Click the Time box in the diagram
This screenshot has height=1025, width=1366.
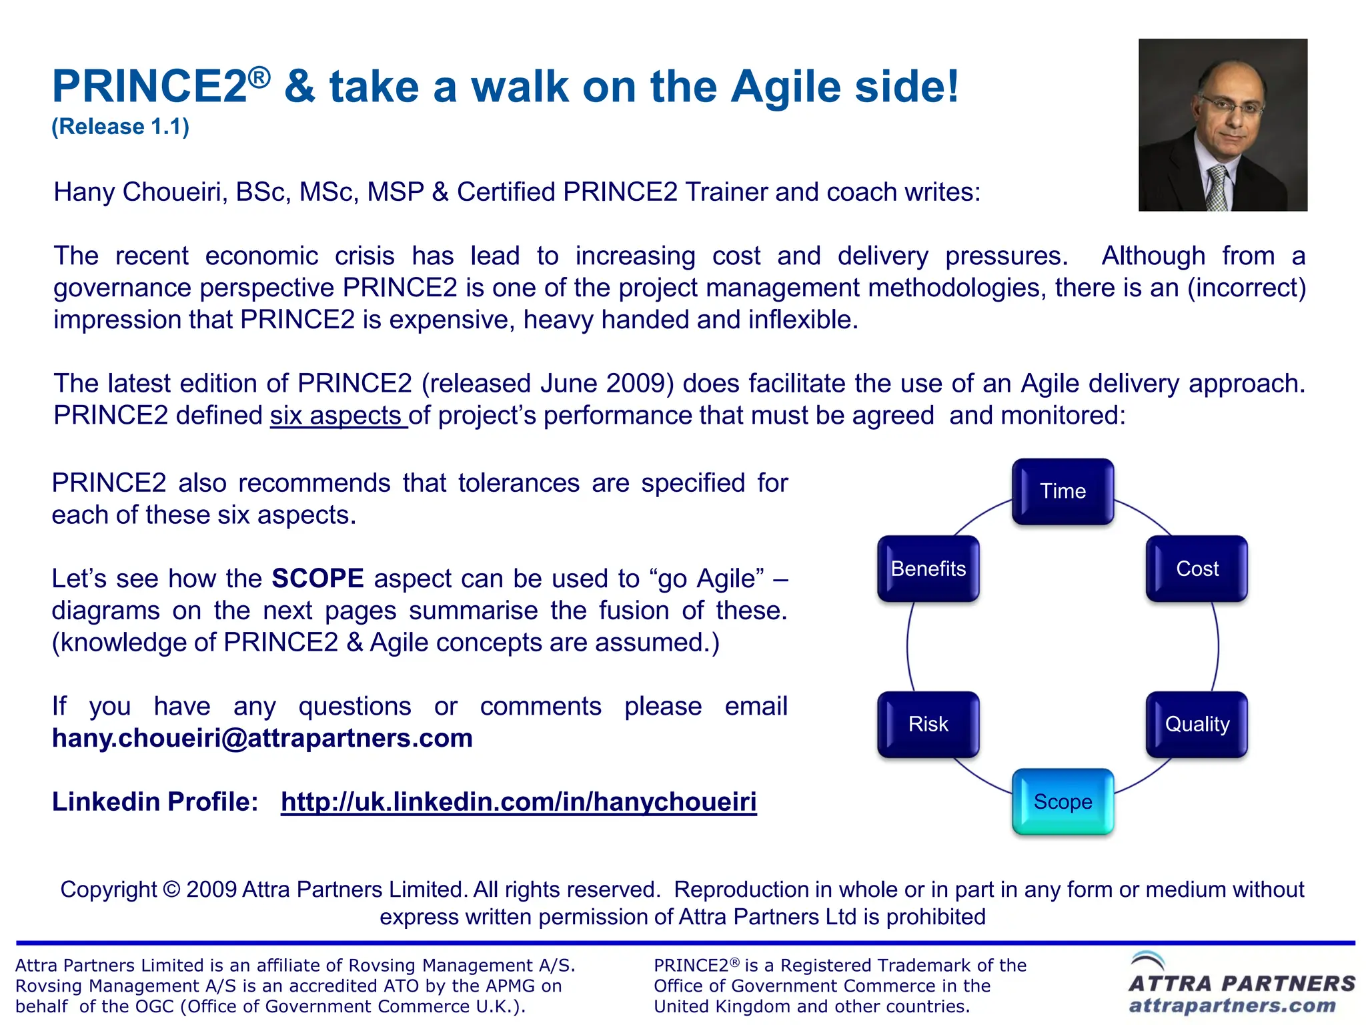(x=1063, y=492)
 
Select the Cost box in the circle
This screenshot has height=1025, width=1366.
(x=1197, y=569)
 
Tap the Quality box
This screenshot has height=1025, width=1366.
(x=1197, y=725)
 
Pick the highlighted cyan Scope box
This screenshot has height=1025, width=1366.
(x=1063, y=802)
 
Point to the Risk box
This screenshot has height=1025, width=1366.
(x=928, y=725)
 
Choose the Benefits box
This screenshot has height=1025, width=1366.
(x=928, y=569)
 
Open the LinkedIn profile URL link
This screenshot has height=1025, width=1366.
(x=518, y=802)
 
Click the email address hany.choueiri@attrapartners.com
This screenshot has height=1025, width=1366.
(x=262, y=739)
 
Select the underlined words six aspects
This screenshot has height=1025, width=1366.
(x=337, y=416)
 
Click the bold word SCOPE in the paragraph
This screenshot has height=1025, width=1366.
(x=317, y=579)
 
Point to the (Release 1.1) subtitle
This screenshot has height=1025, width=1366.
(x=121, y=127)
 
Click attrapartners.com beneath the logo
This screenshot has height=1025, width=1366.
(x=1232, y=1006)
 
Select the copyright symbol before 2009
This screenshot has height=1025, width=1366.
(x=171, y=890)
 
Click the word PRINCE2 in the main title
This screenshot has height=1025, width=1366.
(x=150, y=87)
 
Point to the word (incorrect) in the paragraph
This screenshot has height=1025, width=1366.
(x=1246, y=288)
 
